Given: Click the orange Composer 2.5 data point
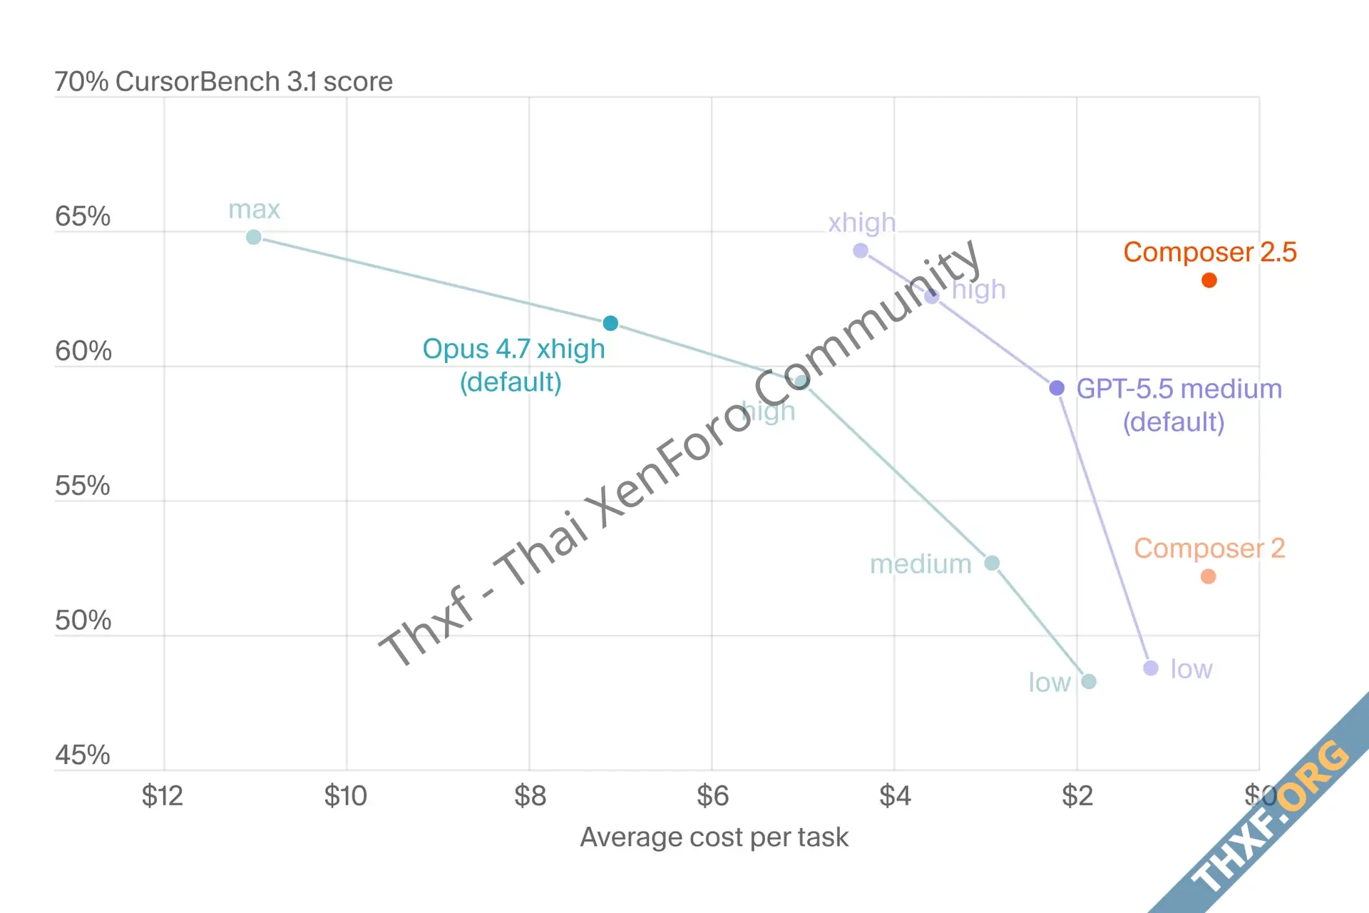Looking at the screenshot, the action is [x=1209, y=280].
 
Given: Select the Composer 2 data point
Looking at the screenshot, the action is [x=1208, y=576].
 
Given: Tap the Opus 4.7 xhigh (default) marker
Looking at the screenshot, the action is [x=610, y=323].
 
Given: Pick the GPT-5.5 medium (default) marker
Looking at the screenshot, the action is [x=1057, y=388].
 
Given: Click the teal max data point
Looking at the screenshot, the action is [x=254, y=237].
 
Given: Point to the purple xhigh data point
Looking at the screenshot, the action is [x=861, y=250].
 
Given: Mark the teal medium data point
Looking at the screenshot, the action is [x=992, y=563].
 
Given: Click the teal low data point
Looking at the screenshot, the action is [x=1089, y=681].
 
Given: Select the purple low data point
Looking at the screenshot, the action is [x=1151, y=668].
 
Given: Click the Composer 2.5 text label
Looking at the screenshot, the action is [x=1210, y=252].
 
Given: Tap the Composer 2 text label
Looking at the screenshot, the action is [x=1210, y=549].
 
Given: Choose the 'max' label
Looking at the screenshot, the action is [x=254, y=210].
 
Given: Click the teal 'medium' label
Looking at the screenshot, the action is [x=921, y=564].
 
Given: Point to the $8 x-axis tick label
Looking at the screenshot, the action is [x=530, y=795].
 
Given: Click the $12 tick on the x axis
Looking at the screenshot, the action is [x=163, y=795].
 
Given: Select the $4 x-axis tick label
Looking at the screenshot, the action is [x=895, y=795].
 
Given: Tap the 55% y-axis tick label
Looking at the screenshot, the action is [x=83, y=486].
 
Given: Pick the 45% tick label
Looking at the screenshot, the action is [x=83, y=755].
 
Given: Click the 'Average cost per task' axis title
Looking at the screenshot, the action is [x=714, y=837].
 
